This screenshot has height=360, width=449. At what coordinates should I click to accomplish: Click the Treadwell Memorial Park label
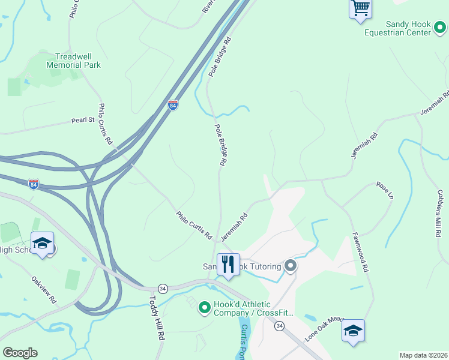point(73,60)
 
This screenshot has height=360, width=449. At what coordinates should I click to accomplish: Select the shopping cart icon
point(360,8)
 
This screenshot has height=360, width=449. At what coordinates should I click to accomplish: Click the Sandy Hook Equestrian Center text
point(408,28)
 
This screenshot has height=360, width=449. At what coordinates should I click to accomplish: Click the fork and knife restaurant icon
point(228,263)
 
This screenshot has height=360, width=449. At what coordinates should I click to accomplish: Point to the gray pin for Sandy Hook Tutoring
point(291,265)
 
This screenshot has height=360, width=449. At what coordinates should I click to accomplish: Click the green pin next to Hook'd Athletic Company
point(204,308)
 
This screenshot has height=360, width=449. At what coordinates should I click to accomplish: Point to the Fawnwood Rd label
point(360,252)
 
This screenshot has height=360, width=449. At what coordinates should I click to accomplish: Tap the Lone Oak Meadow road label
point(324,328)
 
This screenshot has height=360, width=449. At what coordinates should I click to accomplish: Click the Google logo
point(20,353)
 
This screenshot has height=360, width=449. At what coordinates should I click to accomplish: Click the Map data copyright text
point(423,355)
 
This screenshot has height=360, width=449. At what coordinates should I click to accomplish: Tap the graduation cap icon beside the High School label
point(42,244)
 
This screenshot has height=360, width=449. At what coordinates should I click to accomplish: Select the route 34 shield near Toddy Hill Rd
point(162,289)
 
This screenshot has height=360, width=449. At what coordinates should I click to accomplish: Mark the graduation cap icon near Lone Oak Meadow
point(353,331)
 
